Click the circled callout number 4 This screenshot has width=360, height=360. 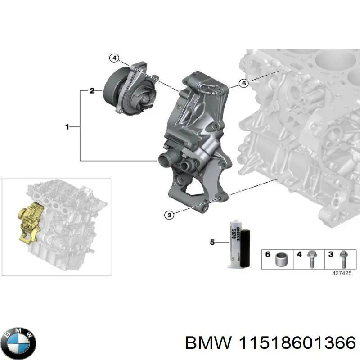point(114,58)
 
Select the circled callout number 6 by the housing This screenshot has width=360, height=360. point(243,83)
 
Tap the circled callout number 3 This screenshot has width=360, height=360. point(168,215)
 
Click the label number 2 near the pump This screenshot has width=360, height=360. point(92,91)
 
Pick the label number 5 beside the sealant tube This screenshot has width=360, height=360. point(212,243)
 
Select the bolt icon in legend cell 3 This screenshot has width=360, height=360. point(343,258)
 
